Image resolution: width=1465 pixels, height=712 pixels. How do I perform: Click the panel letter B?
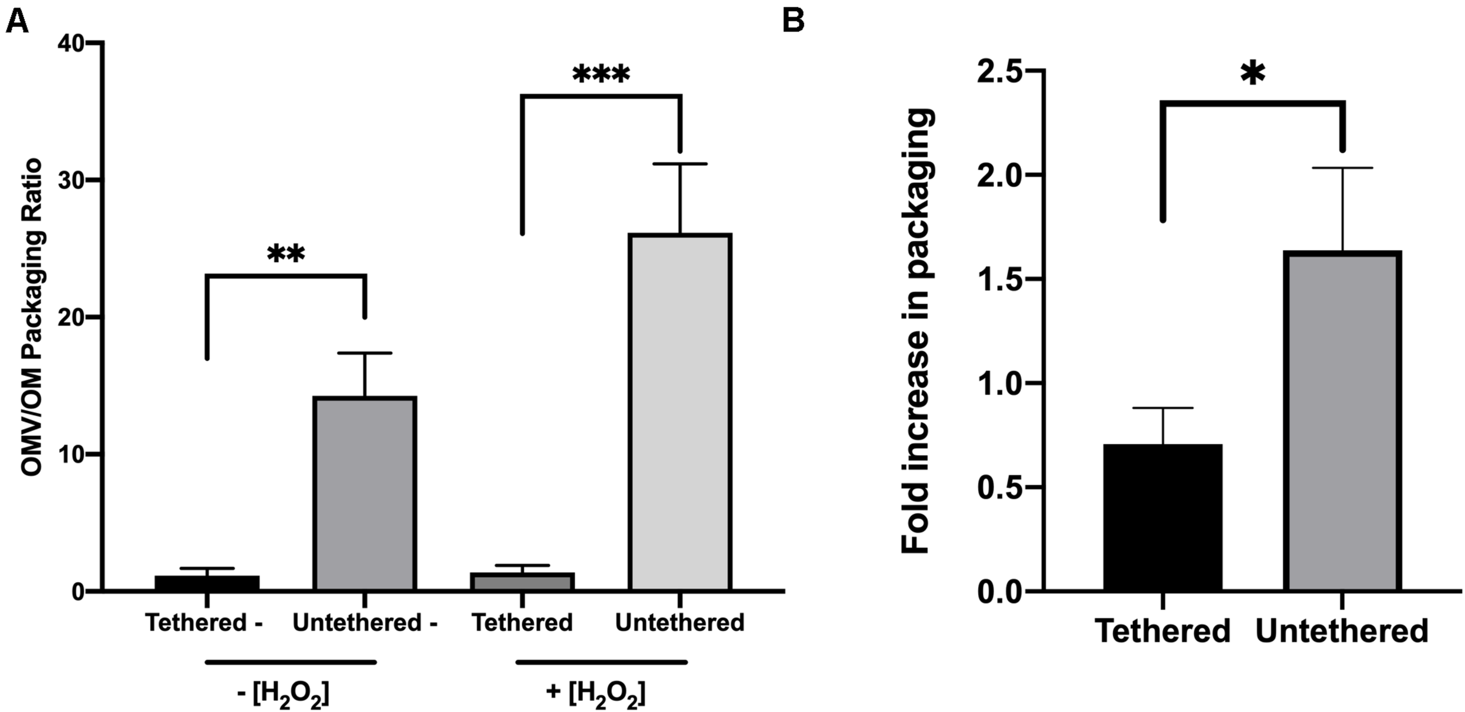point(793,22)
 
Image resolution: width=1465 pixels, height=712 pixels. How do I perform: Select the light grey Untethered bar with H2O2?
point(680,410)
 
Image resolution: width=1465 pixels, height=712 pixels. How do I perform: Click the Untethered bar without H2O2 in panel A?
point(364,492)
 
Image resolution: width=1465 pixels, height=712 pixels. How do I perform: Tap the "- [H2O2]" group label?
point(283,694)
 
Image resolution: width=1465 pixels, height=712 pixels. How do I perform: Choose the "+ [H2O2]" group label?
point(595,694)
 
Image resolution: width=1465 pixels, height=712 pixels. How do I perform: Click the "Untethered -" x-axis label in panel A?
point(364,622)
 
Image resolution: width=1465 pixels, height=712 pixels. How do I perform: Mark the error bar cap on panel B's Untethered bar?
point(1342,168)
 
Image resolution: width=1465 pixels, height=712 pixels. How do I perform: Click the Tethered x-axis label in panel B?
point(1163,631)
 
